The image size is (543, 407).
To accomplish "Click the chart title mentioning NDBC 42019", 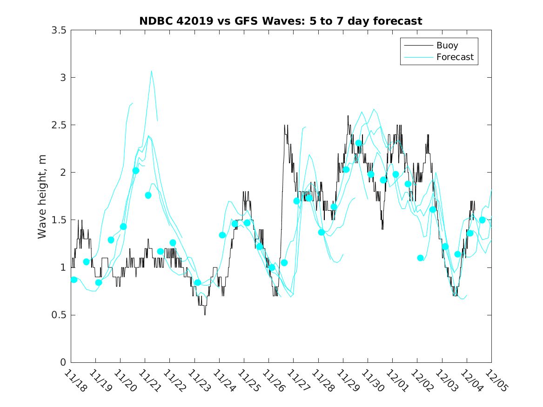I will [281, 21].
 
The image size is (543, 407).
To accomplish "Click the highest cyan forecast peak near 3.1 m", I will [152, 71].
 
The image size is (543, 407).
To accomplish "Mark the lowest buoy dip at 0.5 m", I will [205, 314].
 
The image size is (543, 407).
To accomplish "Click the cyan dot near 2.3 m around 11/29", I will [359, 143].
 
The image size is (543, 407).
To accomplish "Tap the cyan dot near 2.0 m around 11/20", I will [136, 171].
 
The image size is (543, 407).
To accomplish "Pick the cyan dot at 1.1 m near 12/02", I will [421, 258].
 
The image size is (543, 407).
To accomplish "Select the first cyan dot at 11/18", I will [74, 280].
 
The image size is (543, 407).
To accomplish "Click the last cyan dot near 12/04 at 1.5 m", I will [482, 220].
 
